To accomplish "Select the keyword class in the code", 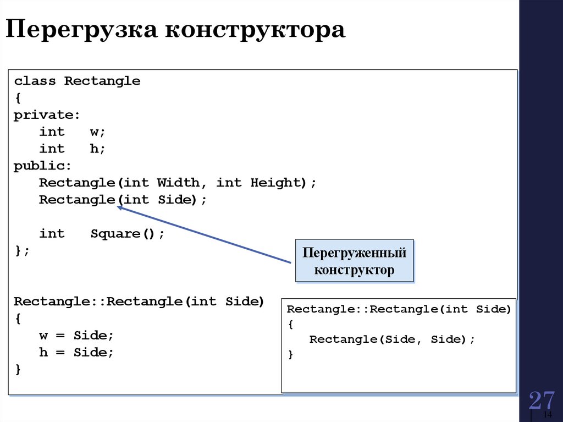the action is [x=35, y=81].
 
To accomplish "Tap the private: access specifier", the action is [x=47, y=115].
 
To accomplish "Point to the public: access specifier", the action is [x=43, y=166].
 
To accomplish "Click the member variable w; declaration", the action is [x=98, y=132].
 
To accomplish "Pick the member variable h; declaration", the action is [x=98, y=149].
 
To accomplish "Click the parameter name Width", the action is [x=178, y=183].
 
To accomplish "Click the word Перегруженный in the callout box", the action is [x=355, y=253].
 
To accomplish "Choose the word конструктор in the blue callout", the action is [x=354, y=270].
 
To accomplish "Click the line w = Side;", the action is [x=76, y=335].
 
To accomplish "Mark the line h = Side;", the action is [x=76, y=353].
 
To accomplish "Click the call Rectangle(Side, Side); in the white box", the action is [x=392, y=339].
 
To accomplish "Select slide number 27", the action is [x=542, y=401].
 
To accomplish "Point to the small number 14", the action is [x=548, y=414].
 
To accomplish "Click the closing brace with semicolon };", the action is [x=22, y=250].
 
